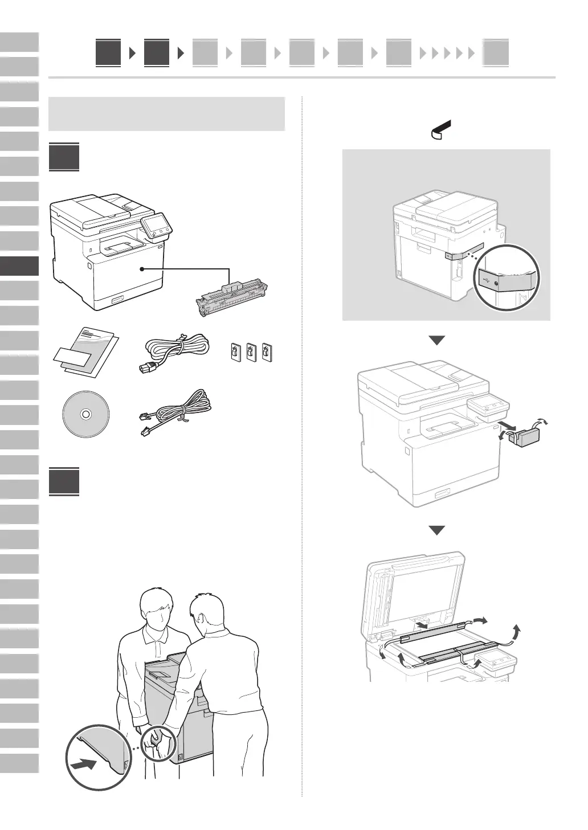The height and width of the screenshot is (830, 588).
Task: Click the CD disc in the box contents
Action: tap(85, 415)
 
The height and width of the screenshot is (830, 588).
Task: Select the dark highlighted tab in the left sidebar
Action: tap(19, 266)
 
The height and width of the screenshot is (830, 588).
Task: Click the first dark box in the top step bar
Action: tap(108, 53)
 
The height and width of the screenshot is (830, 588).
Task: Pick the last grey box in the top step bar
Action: tap(496, 53)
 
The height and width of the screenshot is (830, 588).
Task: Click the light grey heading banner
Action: tap(167, 114)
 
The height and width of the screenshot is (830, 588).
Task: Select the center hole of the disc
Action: tap(85, 415)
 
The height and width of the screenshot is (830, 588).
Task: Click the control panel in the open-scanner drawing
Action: tap(494, 663)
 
